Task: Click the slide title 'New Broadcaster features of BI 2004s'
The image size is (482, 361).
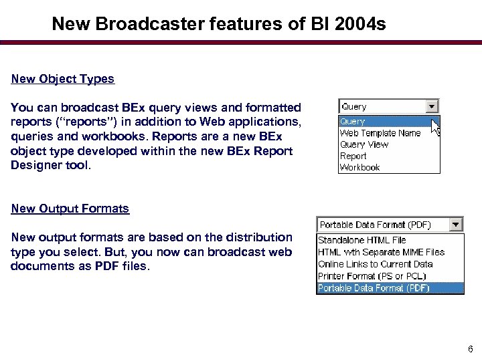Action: pyautogui.click(x=219, y=24)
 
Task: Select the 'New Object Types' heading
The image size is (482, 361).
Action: pyautogui.click(x=63, y=79)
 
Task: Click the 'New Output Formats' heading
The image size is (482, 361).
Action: pyautogui.click(x=70, y=209)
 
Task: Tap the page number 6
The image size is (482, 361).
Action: pyautogui.click(x=471, y=348)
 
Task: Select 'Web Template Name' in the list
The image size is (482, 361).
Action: pyautogui.click(x=380, y=133)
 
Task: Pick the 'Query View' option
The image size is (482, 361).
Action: pyautogui.click(x=364, y=144)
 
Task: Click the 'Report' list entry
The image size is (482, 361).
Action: pyautogui.click(x=353, y=156)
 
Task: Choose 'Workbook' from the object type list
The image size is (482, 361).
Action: pyautogui.click(x=359, y=167)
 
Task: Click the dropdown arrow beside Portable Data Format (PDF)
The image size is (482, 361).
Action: pyautogui.click(x=456, y=225)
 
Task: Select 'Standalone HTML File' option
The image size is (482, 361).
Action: pyautogui.click(x=361, y=240)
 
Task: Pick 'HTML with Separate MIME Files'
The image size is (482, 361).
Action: pyautogui.click(x=381, y=252)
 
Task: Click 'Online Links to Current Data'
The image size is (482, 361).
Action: pyautogui.click(x=375, y=264)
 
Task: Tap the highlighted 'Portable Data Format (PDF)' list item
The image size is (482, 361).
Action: pyautogui.click(x=374, y=288)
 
